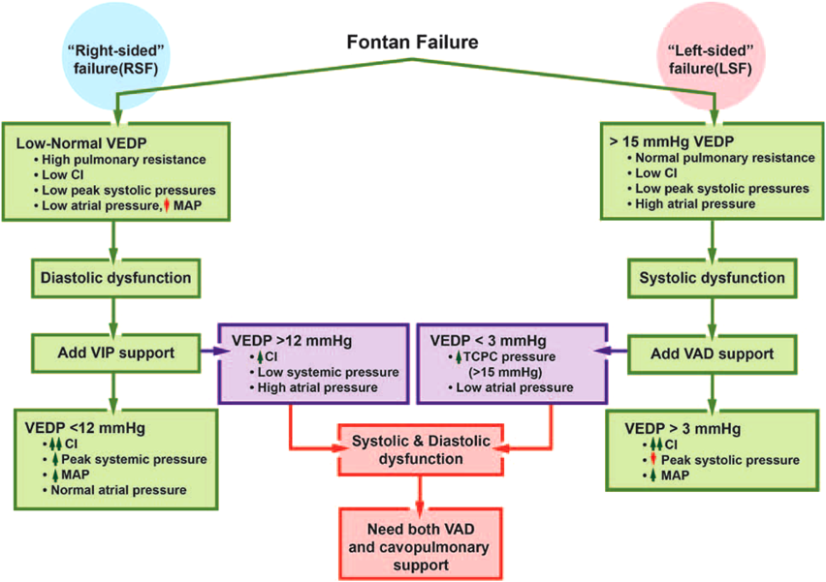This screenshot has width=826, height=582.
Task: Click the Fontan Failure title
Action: [x=412, y=43]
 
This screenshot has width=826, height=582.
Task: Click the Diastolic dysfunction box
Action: [x=115, y=278]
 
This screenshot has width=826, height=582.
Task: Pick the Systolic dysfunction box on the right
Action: [x=713, y=278]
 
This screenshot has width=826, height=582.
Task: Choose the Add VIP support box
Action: [x=115, y=352]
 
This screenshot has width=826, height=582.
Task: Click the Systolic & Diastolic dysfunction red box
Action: [x=420, y=448]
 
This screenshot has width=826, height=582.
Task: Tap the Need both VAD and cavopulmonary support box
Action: [x=420, y=545]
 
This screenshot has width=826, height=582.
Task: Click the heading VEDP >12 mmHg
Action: [x=279, y=340]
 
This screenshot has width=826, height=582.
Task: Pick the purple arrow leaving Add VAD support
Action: [x=609, y=352]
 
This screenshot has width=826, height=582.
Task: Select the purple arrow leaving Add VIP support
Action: [x=207, y=352]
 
